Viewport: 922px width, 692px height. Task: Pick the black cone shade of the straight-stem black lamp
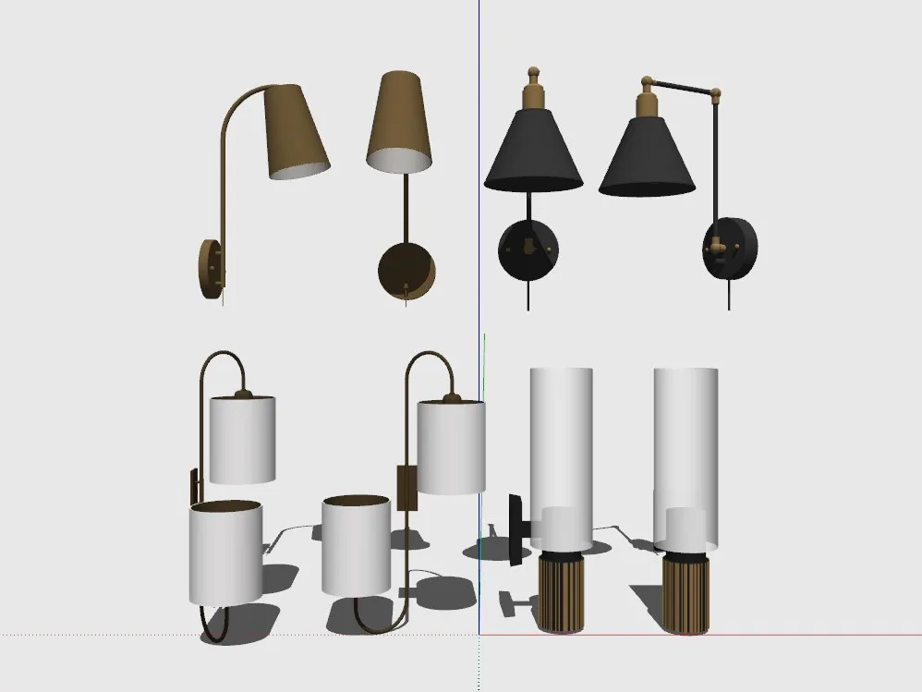point(533,152)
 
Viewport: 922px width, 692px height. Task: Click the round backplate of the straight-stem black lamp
point(528,249)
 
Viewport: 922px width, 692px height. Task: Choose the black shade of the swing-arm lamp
point(647,157)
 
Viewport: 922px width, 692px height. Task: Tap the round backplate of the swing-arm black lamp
point(732,248)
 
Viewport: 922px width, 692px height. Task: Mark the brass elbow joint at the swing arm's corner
point(716,93)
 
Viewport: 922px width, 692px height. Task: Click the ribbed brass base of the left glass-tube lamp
point(561,592)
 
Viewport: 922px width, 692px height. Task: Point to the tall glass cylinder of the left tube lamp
point(560,434)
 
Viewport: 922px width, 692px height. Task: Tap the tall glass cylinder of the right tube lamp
point(685,434)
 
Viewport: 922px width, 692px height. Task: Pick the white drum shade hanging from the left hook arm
point(242,439)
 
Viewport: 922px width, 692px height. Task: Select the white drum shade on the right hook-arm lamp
point(451,447)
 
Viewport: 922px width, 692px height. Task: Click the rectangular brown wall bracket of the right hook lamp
point(406,487)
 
